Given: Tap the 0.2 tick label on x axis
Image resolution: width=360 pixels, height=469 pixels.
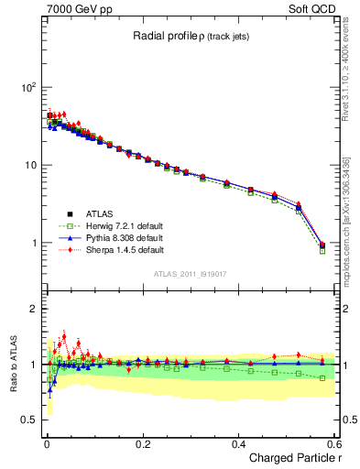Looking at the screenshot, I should point(142,443).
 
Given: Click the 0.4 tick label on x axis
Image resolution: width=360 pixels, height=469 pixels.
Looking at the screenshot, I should point(238,443).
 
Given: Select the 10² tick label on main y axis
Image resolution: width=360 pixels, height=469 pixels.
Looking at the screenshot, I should point(27,87).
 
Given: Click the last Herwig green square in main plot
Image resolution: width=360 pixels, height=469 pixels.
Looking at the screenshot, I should point(322,250).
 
